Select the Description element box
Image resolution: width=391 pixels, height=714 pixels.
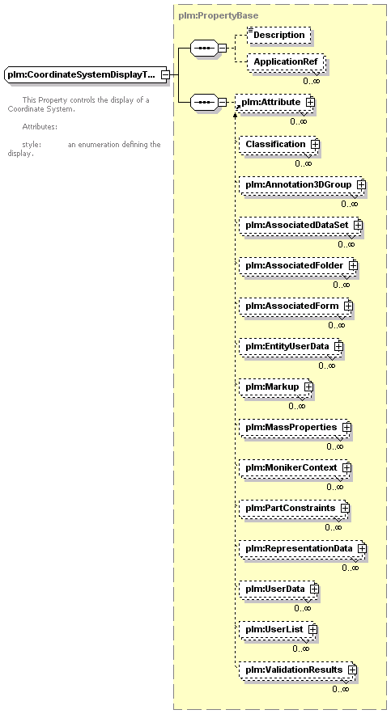tap(279, 35)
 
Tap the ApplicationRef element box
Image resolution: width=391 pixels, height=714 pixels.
tap(286, 61)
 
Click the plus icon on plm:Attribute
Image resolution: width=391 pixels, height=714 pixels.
tap(310, 102)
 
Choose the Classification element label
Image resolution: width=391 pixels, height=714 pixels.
tap(276, 144)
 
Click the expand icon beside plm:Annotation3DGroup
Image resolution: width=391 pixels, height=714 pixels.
tap(361, 184)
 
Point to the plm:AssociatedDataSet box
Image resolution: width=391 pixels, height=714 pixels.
tap(300, 225)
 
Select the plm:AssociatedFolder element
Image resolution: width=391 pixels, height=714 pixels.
tap(297, 265)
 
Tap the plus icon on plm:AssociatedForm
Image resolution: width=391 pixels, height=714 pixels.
tap(349, 306)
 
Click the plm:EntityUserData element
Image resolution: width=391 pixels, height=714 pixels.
tap(290, 346)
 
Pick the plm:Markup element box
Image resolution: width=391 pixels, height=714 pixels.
tap(275, 387)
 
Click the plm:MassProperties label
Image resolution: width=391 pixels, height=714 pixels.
tap(291, 427)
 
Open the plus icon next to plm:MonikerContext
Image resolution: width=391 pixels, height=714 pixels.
tap(346, 467)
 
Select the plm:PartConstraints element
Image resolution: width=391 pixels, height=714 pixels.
tap(293, 508)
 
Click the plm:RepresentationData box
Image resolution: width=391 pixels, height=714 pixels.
tap(302, 548)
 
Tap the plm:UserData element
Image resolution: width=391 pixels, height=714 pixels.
tap(278, 589)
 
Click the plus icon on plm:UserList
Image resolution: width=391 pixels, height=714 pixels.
tap(312, 629)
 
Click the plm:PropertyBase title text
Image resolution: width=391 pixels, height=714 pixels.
tap(219, 15)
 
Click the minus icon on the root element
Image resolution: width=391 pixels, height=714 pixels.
tap(166, 74)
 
